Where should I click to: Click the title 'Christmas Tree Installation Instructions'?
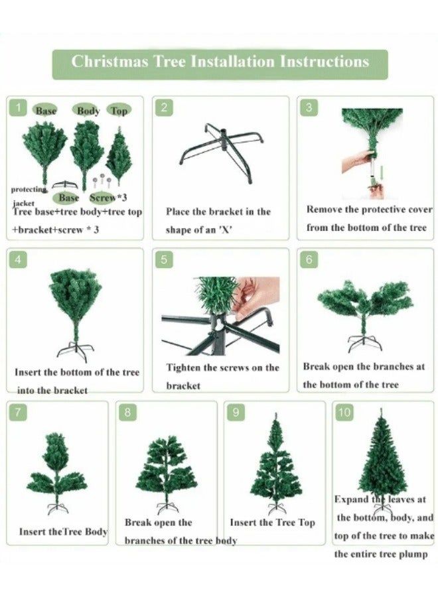[x=220, y=62]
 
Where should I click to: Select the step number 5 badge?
[x=163, y=259]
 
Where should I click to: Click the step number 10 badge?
[x=344, y=413]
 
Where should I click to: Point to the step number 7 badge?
[x=18, y=413]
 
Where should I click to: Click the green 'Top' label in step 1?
[x=119, y=111]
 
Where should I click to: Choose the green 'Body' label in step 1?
[x=88, y=111]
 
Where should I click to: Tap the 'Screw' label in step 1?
[x=102, y=197]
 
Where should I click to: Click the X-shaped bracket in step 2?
[x=221, y=151]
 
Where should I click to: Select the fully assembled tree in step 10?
[x=382, y=458]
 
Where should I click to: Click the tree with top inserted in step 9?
[x=275, y=464]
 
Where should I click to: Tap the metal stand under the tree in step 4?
[x=75, y=350]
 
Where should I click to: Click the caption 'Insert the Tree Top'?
[x=272, y=523]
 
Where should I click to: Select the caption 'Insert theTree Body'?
[x=63, y=531]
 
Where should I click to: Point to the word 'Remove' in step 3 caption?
[x=325, y=209]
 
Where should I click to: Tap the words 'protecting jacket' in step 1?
[x=28, y=194]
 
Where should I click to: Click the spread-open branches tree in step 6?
[x=364, y=305]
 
